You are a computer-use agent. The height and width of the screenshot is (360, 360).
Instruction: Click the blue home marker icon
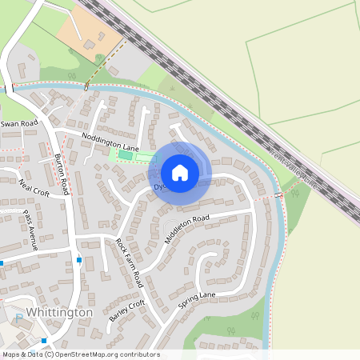(180, 172)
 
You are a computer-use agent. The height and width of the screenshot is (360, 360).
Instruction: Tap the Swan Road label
(20, 124)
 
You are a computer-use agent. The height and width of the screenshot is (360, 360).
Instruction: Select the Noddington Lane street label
(110, 142)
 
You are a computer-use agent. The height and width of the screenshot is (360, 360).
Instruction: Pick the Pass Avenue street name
(30, 230)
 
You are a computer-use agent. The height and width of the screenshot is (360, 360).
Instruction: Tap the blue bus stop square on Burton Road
(78, 260)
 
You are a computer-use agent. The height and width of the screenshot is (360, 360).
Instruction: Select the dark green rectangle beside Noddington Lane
(125, 154)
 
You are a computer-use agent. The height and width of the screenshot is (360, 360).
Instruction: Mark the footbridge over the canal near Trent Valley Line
(278, 194)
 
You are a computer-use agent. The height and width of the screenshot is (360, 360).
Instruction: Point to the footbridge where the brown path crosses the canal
(85, 86)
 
